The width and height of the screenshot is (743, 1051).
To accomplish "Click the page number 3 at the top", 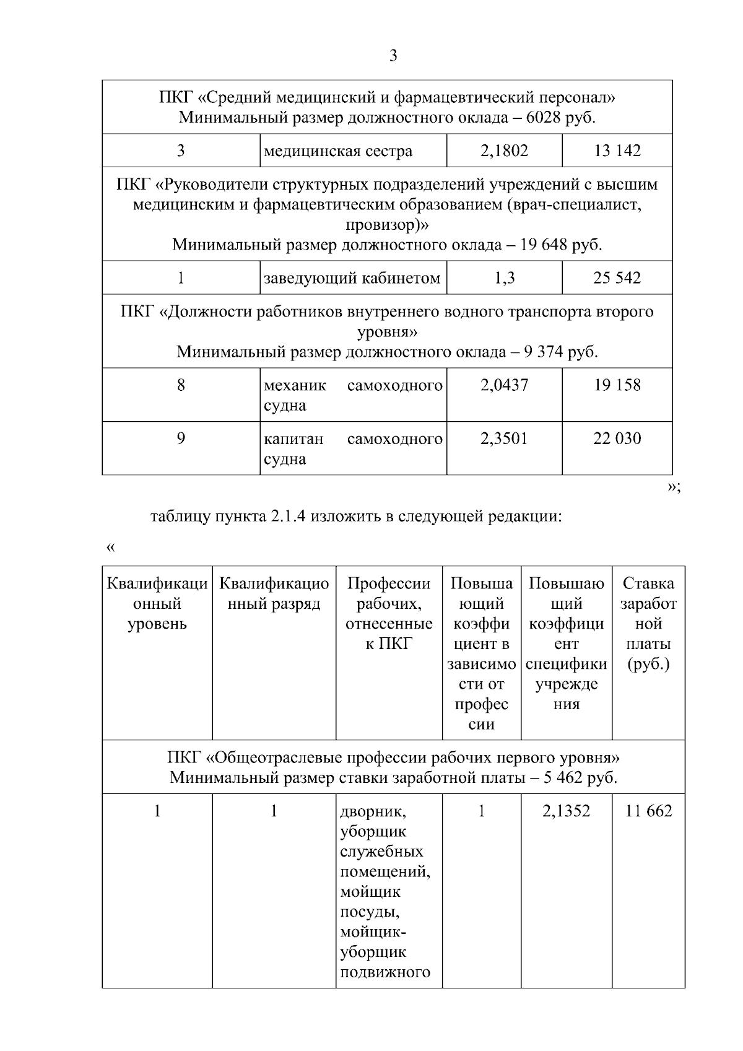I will (393, 56).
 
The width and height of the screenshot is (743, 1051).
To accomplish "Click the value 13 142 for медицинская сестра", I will (617, 150).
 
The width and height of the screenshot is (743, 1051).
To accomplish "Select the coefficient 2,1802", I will (504, 150).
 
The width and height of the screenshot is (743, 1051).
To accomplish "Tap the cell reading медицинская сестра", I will (338, 151).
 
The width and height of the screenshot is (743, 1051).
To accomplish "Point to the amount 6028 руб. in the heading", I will (560, 118).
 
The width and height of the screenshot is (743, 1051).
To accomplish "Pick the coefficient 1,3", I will (504, 278).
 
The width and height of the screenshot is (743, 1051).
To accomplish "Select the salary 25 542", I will (617, 278).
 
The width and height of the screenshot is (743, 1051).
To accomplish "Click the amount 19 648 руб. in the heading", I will (561, 245).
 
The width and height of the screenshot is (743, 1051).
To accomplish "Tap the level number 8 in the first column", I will (181, 385).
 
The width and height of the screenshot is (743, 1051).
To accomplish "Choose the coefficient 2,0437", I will (504, 385).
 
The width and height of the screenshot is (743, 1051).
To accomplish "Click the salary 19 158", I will (617, 385).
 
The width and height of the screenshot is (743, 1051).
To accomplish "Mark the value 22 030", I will (617, 438).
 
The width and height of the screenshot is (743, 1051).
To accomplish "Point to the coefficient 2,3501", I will (504, 438).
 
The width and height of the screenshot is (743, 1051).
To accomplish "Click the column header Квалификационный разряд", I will (274, 593).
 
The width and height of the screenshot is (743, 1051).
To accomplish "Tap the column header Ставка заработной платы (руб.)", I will (648, 624).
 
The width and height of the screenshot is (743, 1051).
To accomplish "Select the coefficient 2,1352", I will (566, 811).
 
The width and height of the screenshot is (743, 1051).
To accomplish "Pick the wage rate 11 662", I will (648, 811).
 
